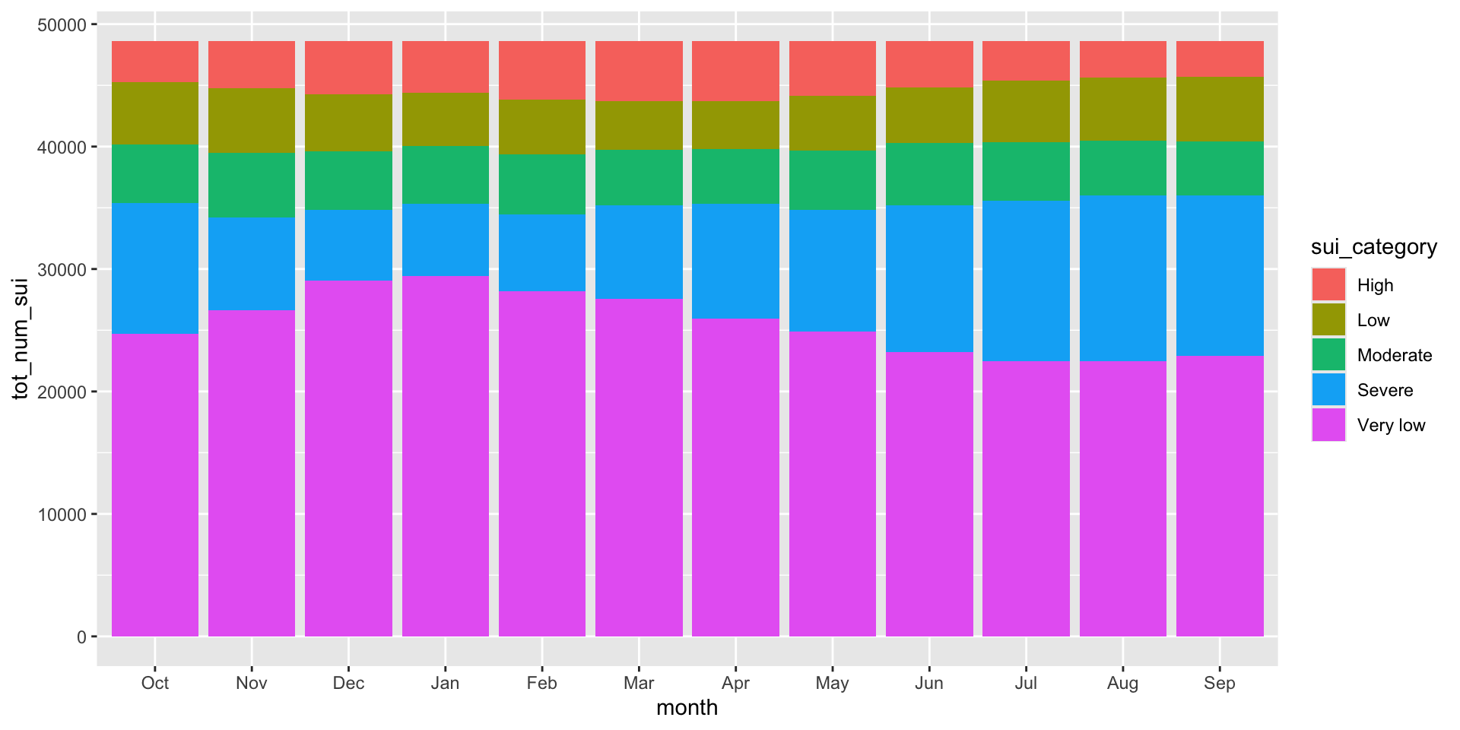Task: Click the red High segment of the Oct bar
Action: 155,62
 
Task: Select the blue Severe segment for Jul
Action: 1026,281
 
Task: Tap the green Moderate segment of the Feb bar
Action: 542,185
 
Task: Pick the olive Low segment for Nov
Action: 252,121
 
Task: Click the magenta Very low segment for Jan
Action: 446,456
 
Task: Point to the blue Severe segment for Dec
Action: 348,246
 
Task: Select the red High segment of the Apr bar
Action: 735,71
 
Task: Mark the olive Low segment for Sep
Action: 1220,109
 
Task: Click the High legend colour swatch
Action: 1328,285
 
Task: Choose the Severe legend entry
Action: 1385,390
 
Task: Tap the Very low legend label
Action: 1391,425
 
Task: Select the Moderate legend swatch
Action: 1328,355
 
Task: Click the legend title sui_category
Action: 1374,247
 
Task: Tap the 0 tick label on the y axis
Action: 82,637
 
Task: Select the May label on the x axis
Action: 832,683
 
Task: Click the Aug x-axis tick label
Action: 1122,683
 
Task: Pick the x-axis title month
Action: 687,708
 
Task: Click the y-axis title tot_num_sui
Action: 21,338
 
